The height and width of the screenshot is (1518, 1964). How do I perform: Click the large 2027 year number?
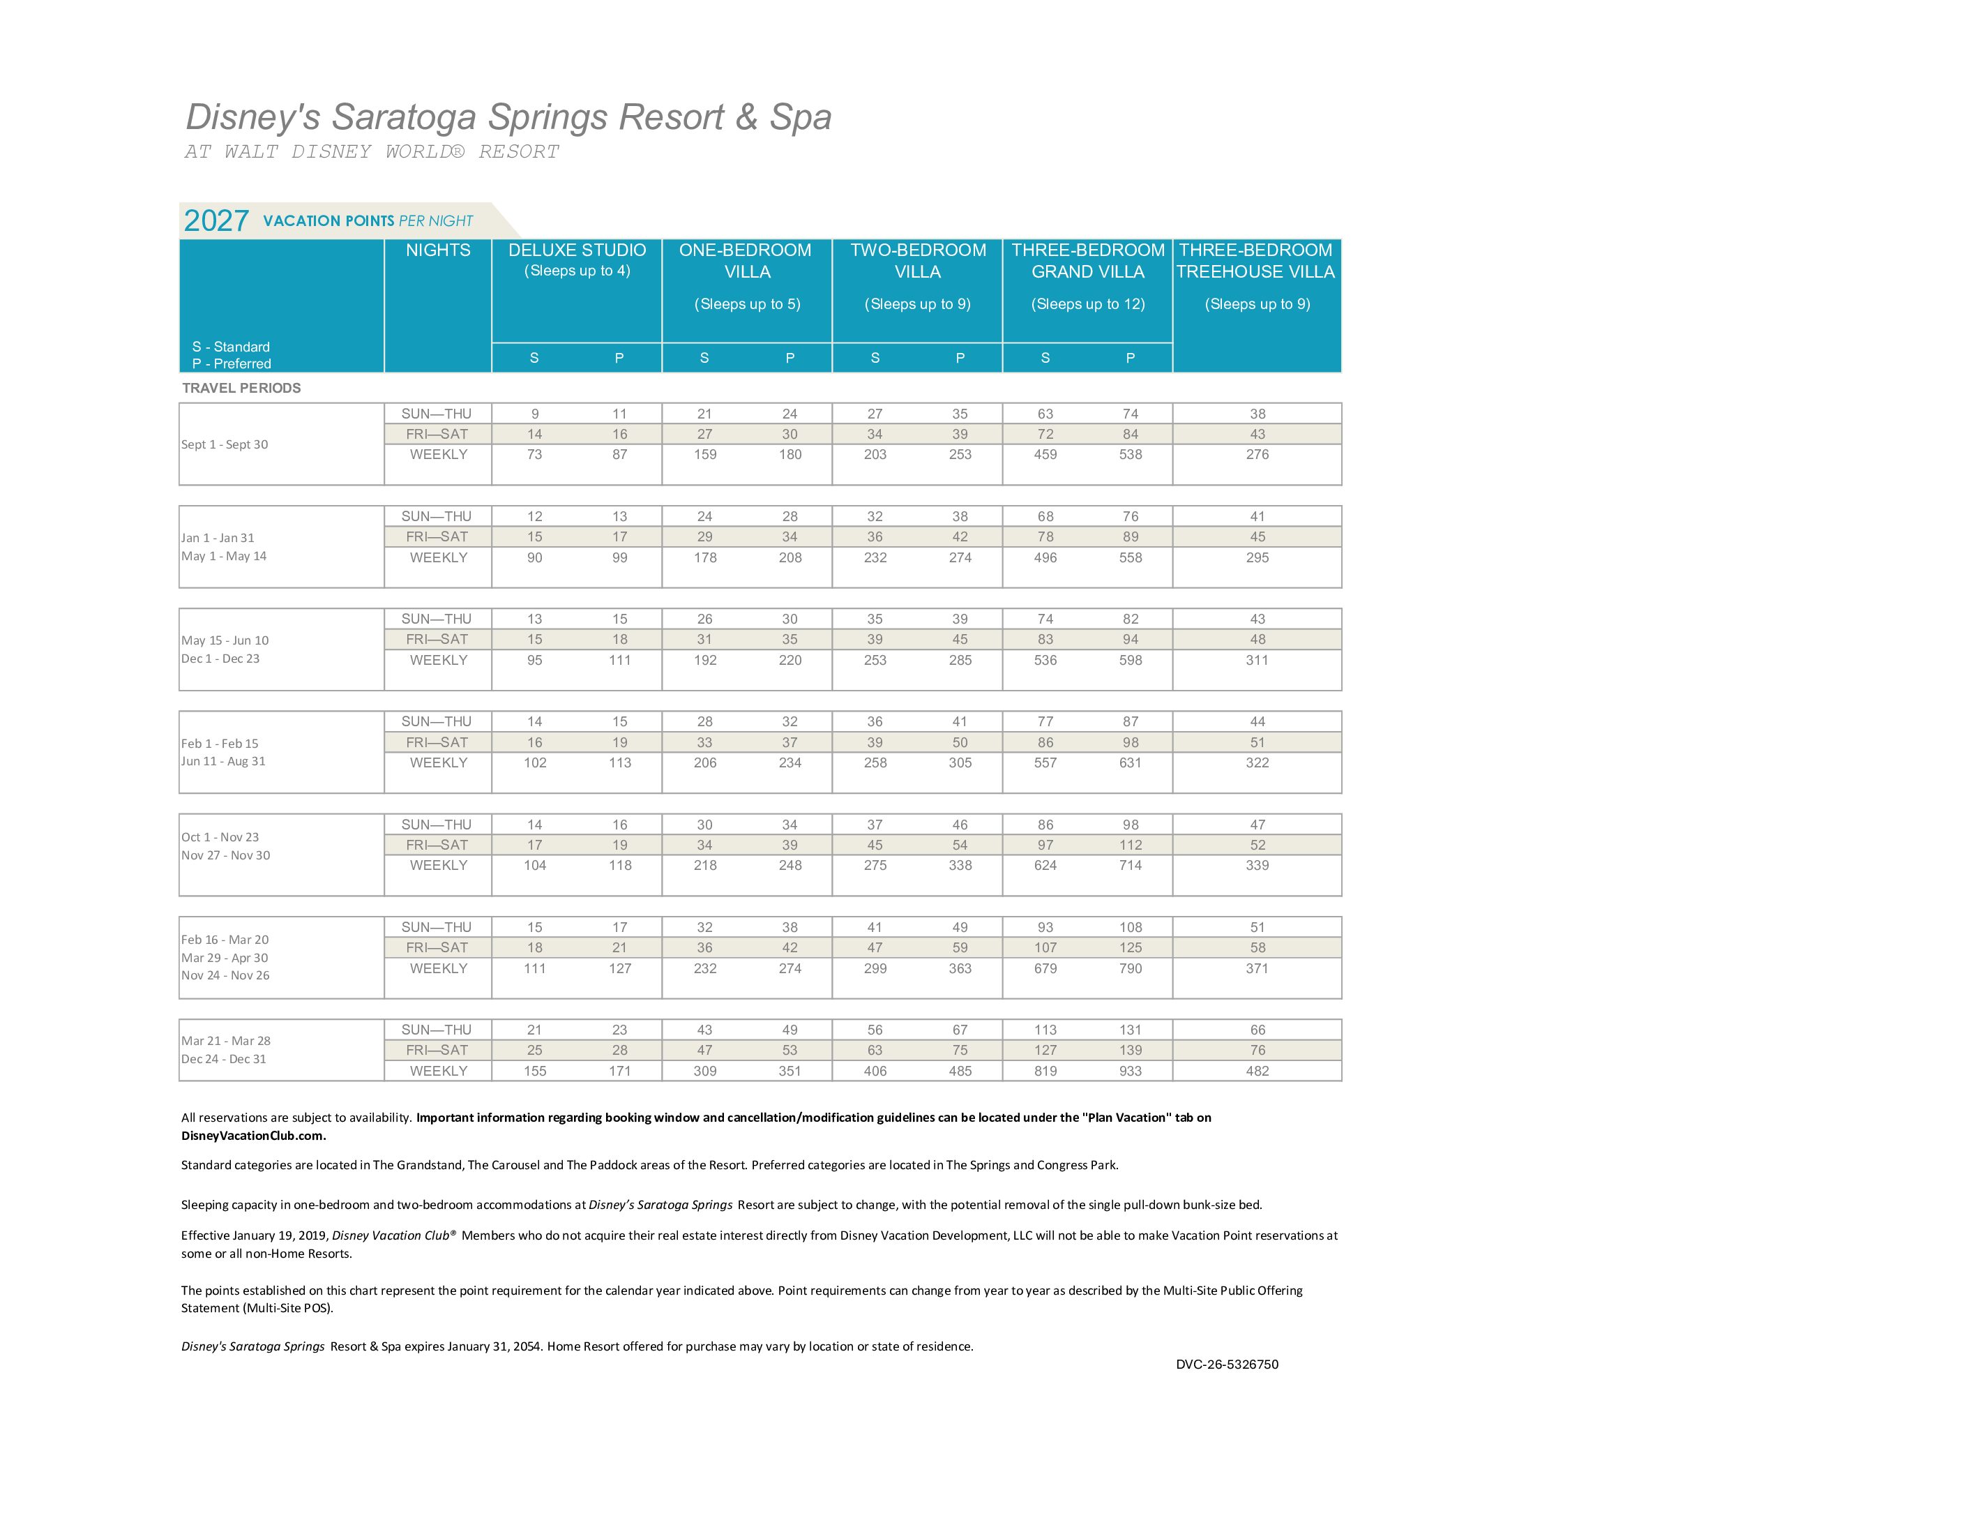[216, 220]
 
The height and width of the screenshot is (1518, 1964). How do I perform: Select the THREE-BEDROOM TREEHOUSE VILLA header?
[1255, 261]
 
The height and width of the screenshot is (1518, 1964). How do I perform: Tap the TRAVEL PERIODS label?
[241, 388]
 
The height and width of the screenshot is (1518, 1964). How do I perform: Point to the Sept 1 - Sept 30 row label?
[225, 444]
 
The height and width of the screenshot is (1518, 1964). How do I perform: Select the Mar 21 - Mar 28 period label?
[226, 1040]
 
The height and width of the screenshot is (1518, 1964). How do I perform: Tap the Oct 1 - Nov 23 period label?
[220, 836]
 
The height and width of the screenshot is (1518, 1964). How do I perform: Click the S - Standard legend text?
[230, 346]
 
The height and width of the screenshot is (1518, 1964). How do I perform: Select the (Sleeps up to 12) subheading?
[1087, 304]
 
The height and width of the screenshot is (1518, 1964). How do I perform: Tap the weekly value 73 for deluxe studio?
[534, 454]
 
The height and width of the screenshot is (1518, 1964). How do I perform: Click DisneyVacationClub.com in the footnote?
[252, 1135]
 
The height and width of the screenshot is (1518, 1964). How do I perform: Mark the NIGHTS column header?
[438, 250]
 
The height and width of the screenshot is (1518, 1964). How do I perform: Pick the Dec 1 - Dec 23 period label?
[220, 659]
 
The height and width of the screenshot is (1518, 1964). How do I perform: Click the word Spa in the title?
[801, 117]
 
